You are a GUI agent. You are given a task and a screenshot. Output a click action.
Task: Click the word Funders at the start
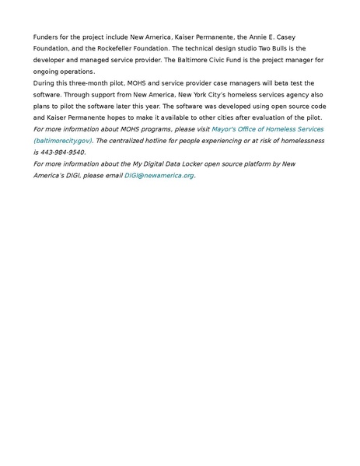coord(46,37)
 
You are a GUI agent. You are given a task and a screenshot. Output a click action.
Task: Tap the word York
coord(194,94)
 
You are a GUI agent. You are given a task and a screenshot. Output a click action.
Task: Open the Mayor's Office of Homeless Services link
coord(267,128)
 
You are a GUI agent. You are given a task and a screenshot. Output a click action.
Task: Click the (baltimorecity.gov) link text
coord(63,140)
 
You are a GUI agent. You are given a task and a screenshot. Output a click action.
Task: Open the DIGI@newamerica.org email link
coord(159,175)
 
